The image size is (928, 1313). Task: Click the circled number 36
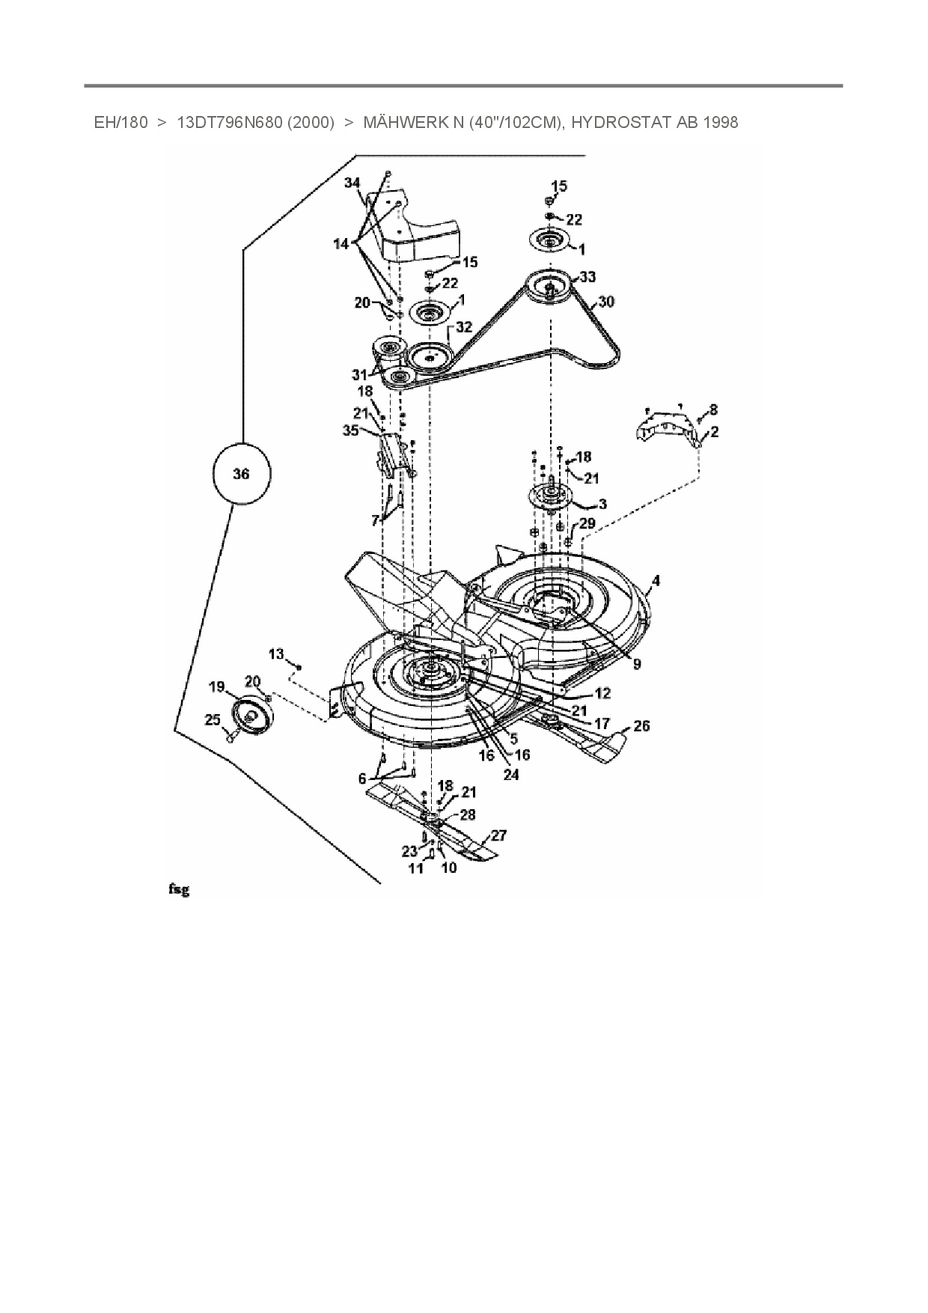(x=241, y=474)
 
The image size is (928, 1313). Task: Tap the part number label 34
(x=352, y=183)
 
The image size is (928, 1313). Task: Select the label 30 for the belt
(x=606, y=302)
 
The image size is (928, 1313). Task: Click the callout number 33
(x=587, y=277)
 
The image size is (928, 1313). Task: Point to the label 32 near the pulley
(x=464, y=327)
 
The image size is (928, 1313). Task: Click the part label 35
(x=350, y=430)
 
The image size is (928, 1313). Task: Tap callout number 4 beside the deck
(x=656, y=580)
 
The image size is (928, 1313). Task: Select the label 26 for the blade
(x=641, y=725)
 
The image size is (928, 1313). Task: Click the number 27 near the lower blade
(x=498, y=835)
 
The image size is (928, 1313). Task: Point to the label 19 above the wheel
(x=216, y=686)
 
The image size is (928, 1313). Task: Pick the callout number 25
(x=213, y=719)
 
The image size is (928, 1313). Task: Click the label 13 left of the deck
(x=277, y=654)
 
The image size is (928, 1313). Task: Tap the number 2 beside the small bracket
(x=715, y=431)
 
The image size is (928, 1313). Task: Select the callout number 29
(x=587, y=523)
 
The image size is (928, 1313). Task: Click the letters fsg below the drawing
(x=178, y=889)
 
